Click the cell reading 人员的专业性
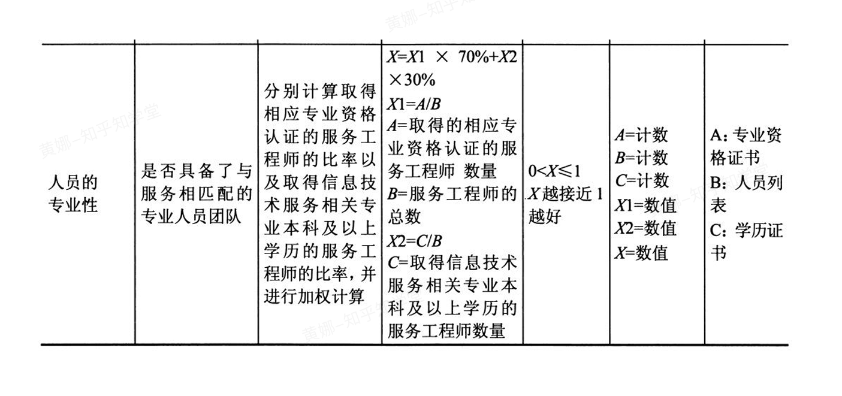tap(73, 194)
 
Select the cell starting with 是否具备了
tap(197, 194)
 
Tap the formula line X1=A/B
tap(414, 104)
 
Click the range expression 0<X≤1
tap(554, 171)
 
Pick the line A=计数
tap(641, 135)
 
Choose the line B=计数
tap(641, 158)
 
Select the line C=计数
tap(641, 181)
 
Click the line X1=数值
tap(645, 205)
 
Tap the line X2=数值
tap(645, 228)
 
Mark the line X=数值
tap(641, 252)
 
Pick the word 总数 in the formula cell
tap(405, 216)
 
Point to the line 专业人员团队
tap(191, 217)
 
